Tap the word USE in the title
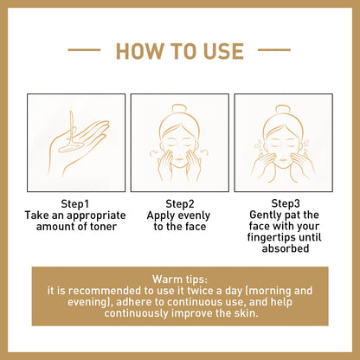pyautogui.click(x=219, y=51)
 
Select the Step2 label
pyautogui.click(x=179, y=202)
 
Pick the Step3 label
pyautogui.click(x=284, y=202)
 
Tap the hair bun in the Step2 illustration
pyautogui.click(x=179, y=110)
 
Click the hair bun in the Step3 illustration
pyautogui.click(x=284, y=110)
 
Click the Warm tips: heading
pyautogui.click(x=179, y=280)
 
